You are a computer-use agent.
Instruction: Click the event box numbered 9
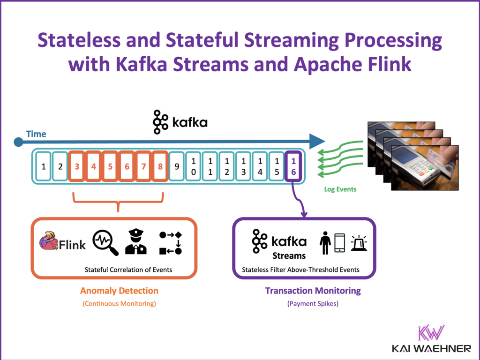click(x=177, y=166)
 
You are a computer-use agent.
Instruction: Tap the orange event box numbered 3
click(x=77, y=166)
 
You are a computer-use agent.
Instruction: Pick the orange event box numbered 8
click(x=160, y=166)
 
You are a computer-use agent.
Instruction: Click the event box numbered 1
click(x=44, y=166)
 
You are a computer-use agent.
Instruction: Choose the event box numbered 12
click(x=227, y=166)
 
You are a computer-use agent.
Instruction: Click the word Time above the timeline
click(x=36, y=134)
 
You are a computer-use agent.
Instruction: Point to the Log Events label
click(x=340, y=189)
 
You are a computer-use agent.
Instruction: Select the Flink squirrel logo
click(x=49, y=241)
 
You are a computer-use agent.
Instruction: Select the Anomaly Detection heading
click(x=119, y=291)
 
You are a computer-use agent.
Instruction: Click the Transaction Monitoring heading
click(x=313, y=291)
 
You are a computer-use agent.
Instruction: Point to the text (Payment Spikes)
click(x=313, y=304)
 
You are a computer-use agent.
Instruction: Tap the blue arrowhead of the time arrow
click(x=317, y=140)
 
